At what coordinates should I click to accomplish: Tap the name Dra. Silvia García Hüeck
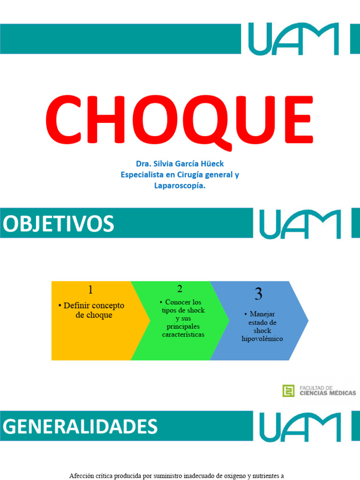click(180, 164)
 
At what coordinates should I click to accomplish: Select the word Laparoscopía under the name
click(180, 186)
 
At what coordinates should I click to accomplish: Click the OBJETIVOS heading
click(59, 224)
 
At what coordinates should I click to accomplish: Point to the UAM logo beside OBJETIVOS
click(300, 224)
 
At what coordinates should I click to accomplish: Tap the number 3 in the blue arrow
click(258, 294)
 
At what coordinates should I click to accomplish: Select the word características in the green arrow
click(183, 335)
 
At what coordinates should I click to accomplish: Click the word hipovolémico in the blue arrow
click(262, 338)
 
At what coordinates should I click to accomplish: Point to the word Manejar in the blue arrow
click(262, 314)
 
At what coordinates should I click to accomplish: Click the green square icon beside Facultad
click(288, 390)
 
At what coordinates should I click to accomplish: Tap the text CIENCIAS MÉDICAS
click(328, 393)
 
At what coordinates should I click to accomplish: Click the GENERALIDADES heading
click(80, 427)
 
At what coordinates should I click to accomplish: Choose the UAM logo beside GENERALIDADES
click(300, 427)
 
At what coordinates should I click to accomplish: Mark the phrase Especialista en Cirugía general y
click(180, 175)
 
